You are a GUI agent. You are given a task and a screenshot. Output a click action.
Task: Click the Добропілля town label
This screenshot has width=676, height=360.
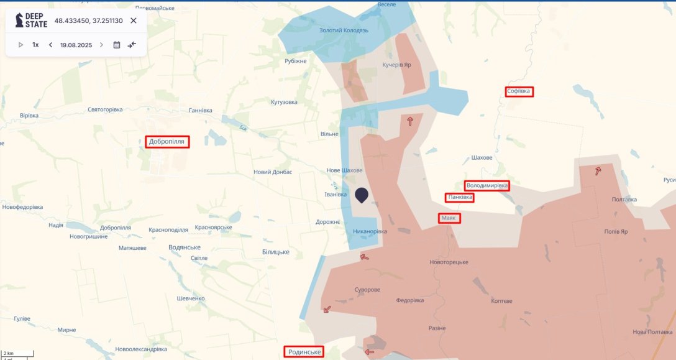(x=167, y=142)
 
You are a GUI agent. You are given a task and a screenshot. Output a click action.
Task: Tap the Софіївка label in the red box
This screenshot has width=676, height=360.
(x=519, y=91)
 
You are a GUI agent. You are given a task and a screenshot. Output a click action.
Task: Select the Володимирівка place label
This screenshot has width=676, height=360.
(x=487, y=186)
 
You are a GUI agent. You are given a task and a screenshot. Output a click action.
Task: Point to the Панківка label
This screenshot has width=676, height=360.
(x=460, y=198)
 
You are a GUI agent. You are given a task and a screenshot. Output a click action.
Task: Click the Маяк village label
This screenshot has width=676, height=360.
(x=449, y=218)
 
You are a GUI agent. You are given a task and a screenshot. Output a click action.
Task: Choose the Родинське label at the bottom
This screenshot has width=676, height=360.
(x=304, y=352)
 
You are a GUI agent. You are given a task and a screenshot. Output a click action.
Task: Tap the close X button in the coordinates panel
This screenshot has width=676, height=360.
(x=134, y=21)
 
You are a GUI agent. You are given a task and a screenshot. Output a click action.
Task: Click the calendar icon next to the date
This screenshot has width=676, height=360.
(x=117, y=45)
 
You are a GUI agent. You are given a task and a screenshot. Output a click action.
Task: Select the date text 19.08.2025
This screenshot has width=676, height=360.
(x=76, y=45)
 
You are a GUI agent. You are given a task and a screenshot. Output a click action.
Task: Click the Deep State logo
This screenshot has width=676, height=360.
(x=32, y=21)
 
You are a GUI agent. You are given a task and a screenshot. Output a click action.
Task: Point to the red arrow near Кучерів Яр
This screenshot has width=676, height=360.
(x=410, y=121)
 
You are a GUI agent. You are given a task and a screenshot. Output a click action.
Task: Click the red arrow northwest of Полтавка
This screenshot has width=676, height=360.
(x=598, y=171)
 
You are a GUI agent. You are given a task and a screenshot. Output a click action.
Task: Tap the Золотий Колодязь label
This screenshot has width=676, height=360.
(x=344, y=30)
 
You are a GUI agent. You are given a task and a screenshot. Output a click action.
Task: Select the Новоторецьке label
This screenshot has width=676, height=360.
(x=449, y=262)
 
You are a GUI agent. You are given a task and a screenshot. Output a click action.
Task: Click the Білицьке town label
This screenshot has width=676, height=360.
(x=276, y=251)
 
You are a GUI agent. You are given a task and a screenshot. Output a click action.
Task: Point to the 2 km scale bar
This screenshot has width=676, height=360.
(x=17, y=354)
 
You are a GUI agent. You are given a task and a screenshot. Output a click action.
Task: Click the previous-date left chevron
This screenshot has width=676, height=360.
(x=50, y=45)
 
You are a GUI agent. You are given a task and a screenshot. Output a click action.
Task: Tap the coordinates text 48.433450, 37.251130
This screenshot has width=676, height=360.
(x=88, y=21)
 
